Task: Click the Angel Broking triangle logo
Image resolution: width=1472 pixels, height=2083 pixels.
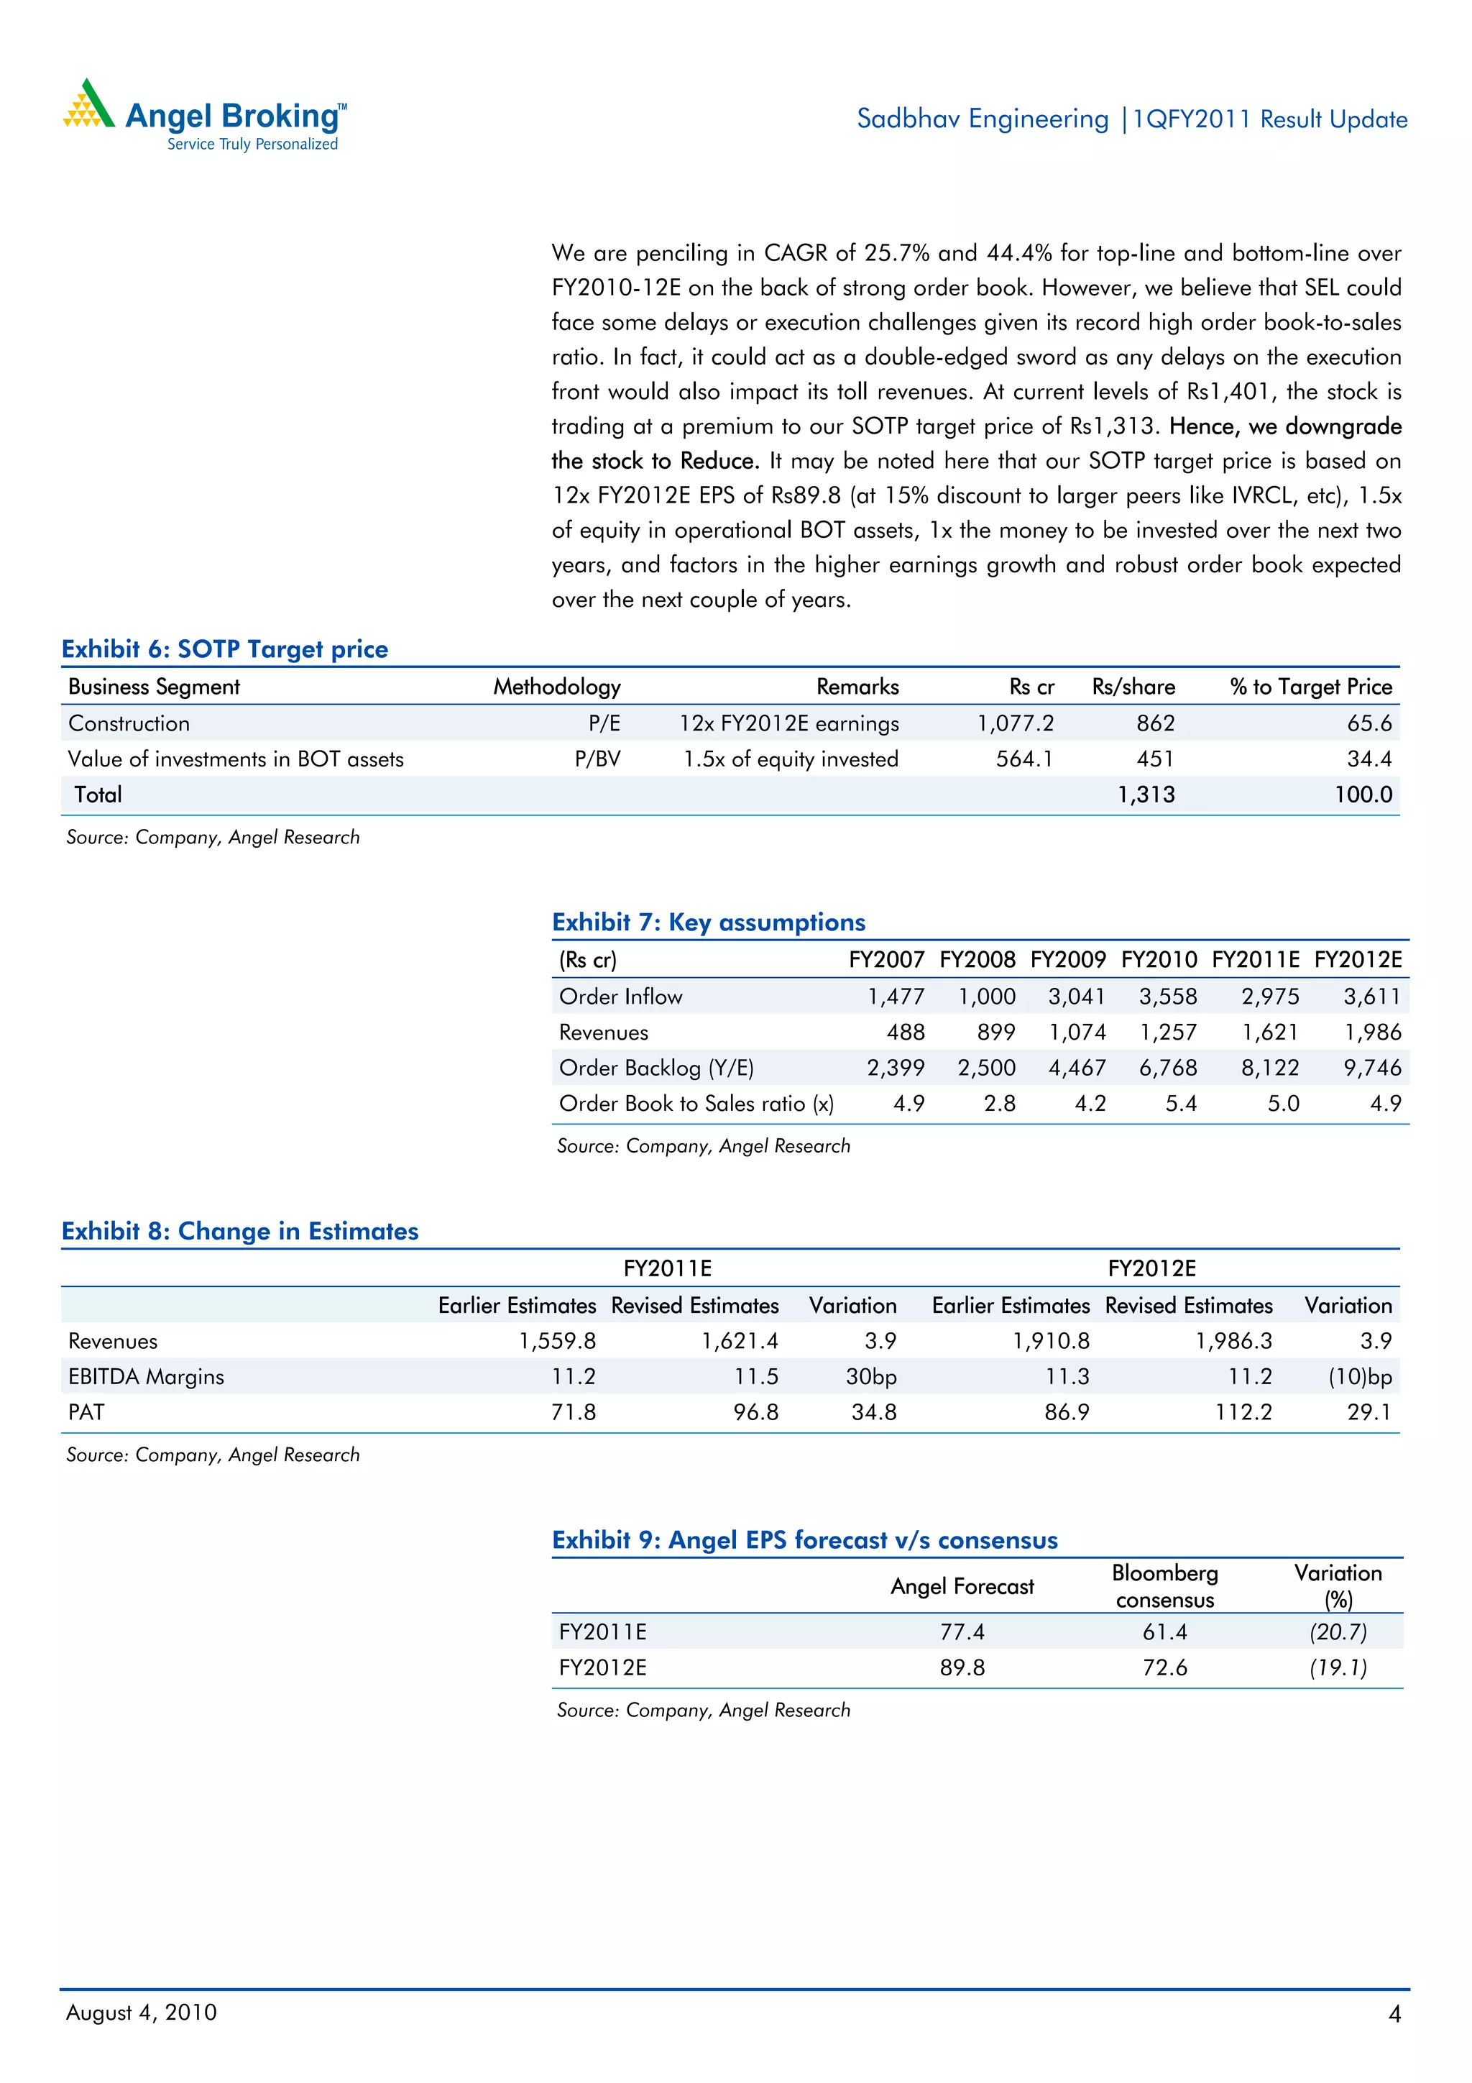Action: tap(88, 104)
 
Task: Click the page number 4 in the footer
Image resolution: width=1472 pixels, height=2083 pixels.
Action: tap(1394, 2014)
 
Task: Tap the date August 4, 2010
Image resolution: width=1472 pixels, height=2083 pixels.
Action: tap(142, 2013)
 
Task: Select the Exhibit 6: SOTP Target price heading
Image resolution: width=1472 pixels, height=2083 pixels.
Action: tap(225, 649)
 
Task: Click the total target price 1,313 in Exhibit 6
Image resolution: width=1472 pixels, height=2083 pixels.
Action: tap(1146, 795)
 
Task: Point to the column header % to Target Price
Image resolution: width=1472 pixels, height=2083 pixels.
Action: tap(1310, 687)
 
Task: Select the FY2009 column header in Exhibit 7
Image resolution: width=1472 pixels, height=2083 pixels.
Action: tap(1067, 960)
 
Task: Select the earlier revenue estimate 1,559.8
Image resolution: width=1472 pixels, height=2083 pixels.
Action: tap(557, 1341)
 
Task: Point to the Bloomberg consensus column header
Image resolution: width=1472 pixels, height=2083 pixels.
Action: tap(1164, 1586)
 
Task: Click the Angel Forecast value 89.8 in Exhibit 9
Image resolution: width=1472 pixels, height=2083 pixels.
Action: tap(962, 1667)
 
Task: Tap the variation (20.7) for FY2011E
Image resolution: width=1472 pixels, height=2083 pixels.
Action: tap(1337, 1632)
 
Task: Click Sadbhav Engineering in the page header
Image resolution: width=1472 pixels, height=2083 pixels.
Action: tap(983, 119)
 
